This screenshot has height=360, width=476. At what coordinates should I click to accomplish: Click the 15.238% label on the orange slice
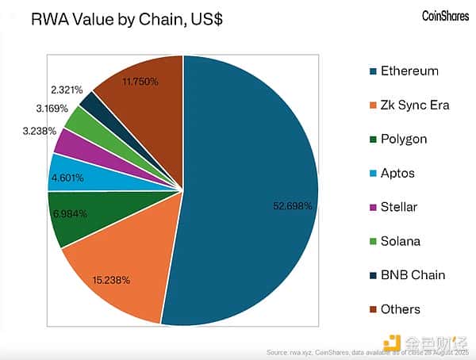(x=110, y=280)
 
